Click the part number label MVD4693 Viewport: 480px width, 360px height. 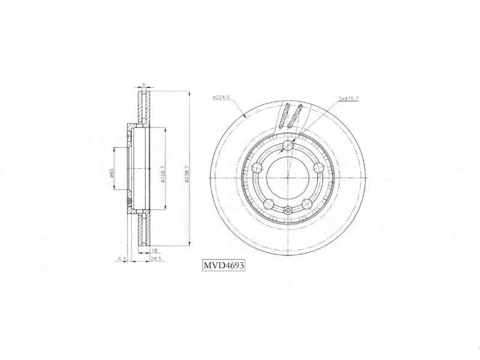click(223, 265)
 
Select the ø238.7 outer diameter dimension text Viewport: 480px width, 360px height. click(187, 175)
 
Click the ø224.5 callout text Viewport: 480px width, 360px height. click(221, 97)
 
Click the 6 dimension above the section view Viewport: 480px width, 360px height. click(144, 85)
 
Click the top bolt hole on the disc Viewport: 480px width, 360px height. click(288, 146)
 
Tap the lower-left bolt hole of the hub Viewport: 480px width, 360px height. click(269, 203)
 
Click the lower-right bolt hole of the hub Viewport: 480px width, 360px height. click(307, 203)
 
